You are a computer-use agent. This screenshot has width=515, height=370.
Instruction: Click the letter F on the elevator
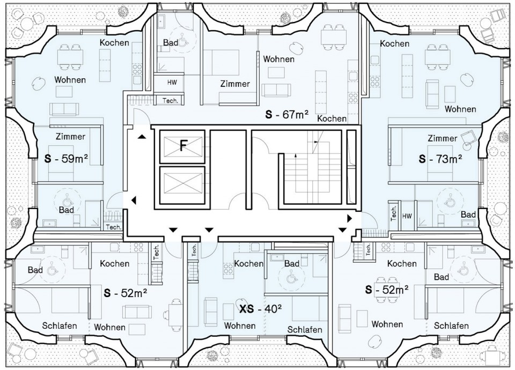[183, 145]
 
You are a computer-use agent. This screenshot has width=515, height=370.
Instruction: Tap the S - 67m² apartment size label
[286, 115]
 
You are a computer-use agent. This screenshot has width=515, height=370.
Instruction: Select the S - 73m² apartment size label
[440, 159]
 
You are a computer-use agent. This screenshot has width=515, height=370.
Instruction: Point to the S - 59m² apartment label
[66, 159]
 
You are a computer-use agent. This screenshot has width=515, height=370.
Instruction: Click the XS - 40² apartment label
[261, 309]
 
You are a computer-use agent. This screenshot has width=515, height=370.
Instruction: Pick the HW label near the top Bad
[172, 82]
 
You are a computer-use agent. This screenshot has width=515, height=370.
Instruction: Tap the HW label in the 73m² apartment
[407, 216]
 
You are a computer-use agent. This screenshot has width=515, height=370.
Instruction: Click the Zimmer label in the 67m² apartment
[235, 84]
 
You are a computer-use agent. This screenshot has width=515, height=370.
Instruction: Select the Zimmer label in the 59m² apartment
[71, 136]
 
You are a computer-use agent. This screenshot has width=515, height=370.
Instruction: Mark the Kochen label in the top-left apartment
[114, 43]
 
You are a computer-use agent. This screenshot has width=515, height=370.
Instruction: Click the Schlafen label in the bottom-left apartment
[60, 325]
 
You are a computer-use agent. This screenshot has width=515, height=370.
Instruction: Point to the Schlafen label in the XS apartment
[305, 330]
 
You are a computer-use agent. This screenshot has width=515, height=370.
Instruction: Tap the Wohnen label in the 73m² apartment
[460, 109]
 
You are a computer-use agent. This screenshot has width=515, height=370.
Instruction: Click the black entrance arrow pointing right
[350, 218]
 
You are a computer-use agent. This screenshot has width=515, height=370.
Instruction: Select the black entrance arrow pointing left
[134, 200]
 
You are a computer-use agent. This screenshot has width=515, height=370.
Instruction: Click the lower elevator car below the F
[182, 186]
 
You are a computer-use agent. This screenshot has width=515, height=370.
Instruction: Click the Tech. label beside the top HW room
[171, 100]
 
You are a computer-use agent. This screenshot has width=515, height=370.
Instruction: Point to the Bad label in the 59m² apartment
[67, 210]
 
